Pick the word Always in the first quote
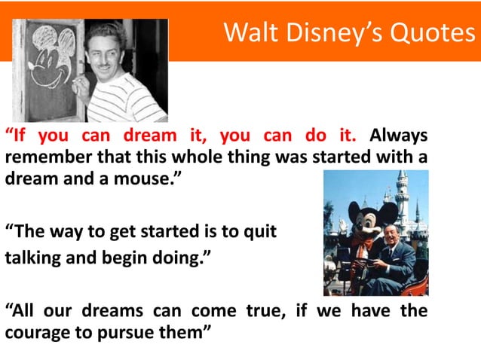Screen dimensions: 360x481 (400, 136)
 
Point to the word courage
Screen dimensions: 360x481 (36, 332)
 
